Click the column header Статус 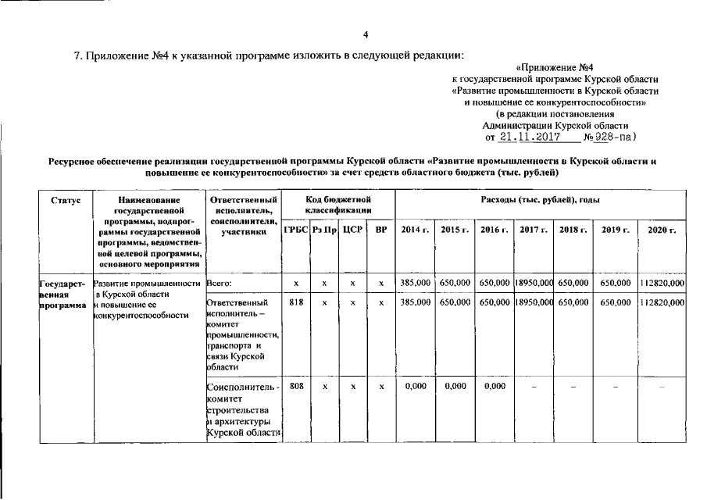[x=66, y=201]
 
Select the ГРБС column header [x=295, y=230]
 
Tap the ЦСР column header [x=352, y=230]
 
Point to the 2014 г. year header [x=415, y=230]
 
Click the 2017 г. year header [x=534, y=230]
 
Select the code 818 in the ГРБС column [x=295, y=302]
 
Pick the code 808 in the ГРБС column [x=295, y=386]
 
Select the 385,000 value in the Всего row [x=415, y=282]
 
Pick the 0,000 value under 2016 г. [x=495, y=386]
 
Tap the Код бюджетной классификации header [x=337, y=206]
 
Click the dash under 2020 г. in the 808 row [x=661, y=387]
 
